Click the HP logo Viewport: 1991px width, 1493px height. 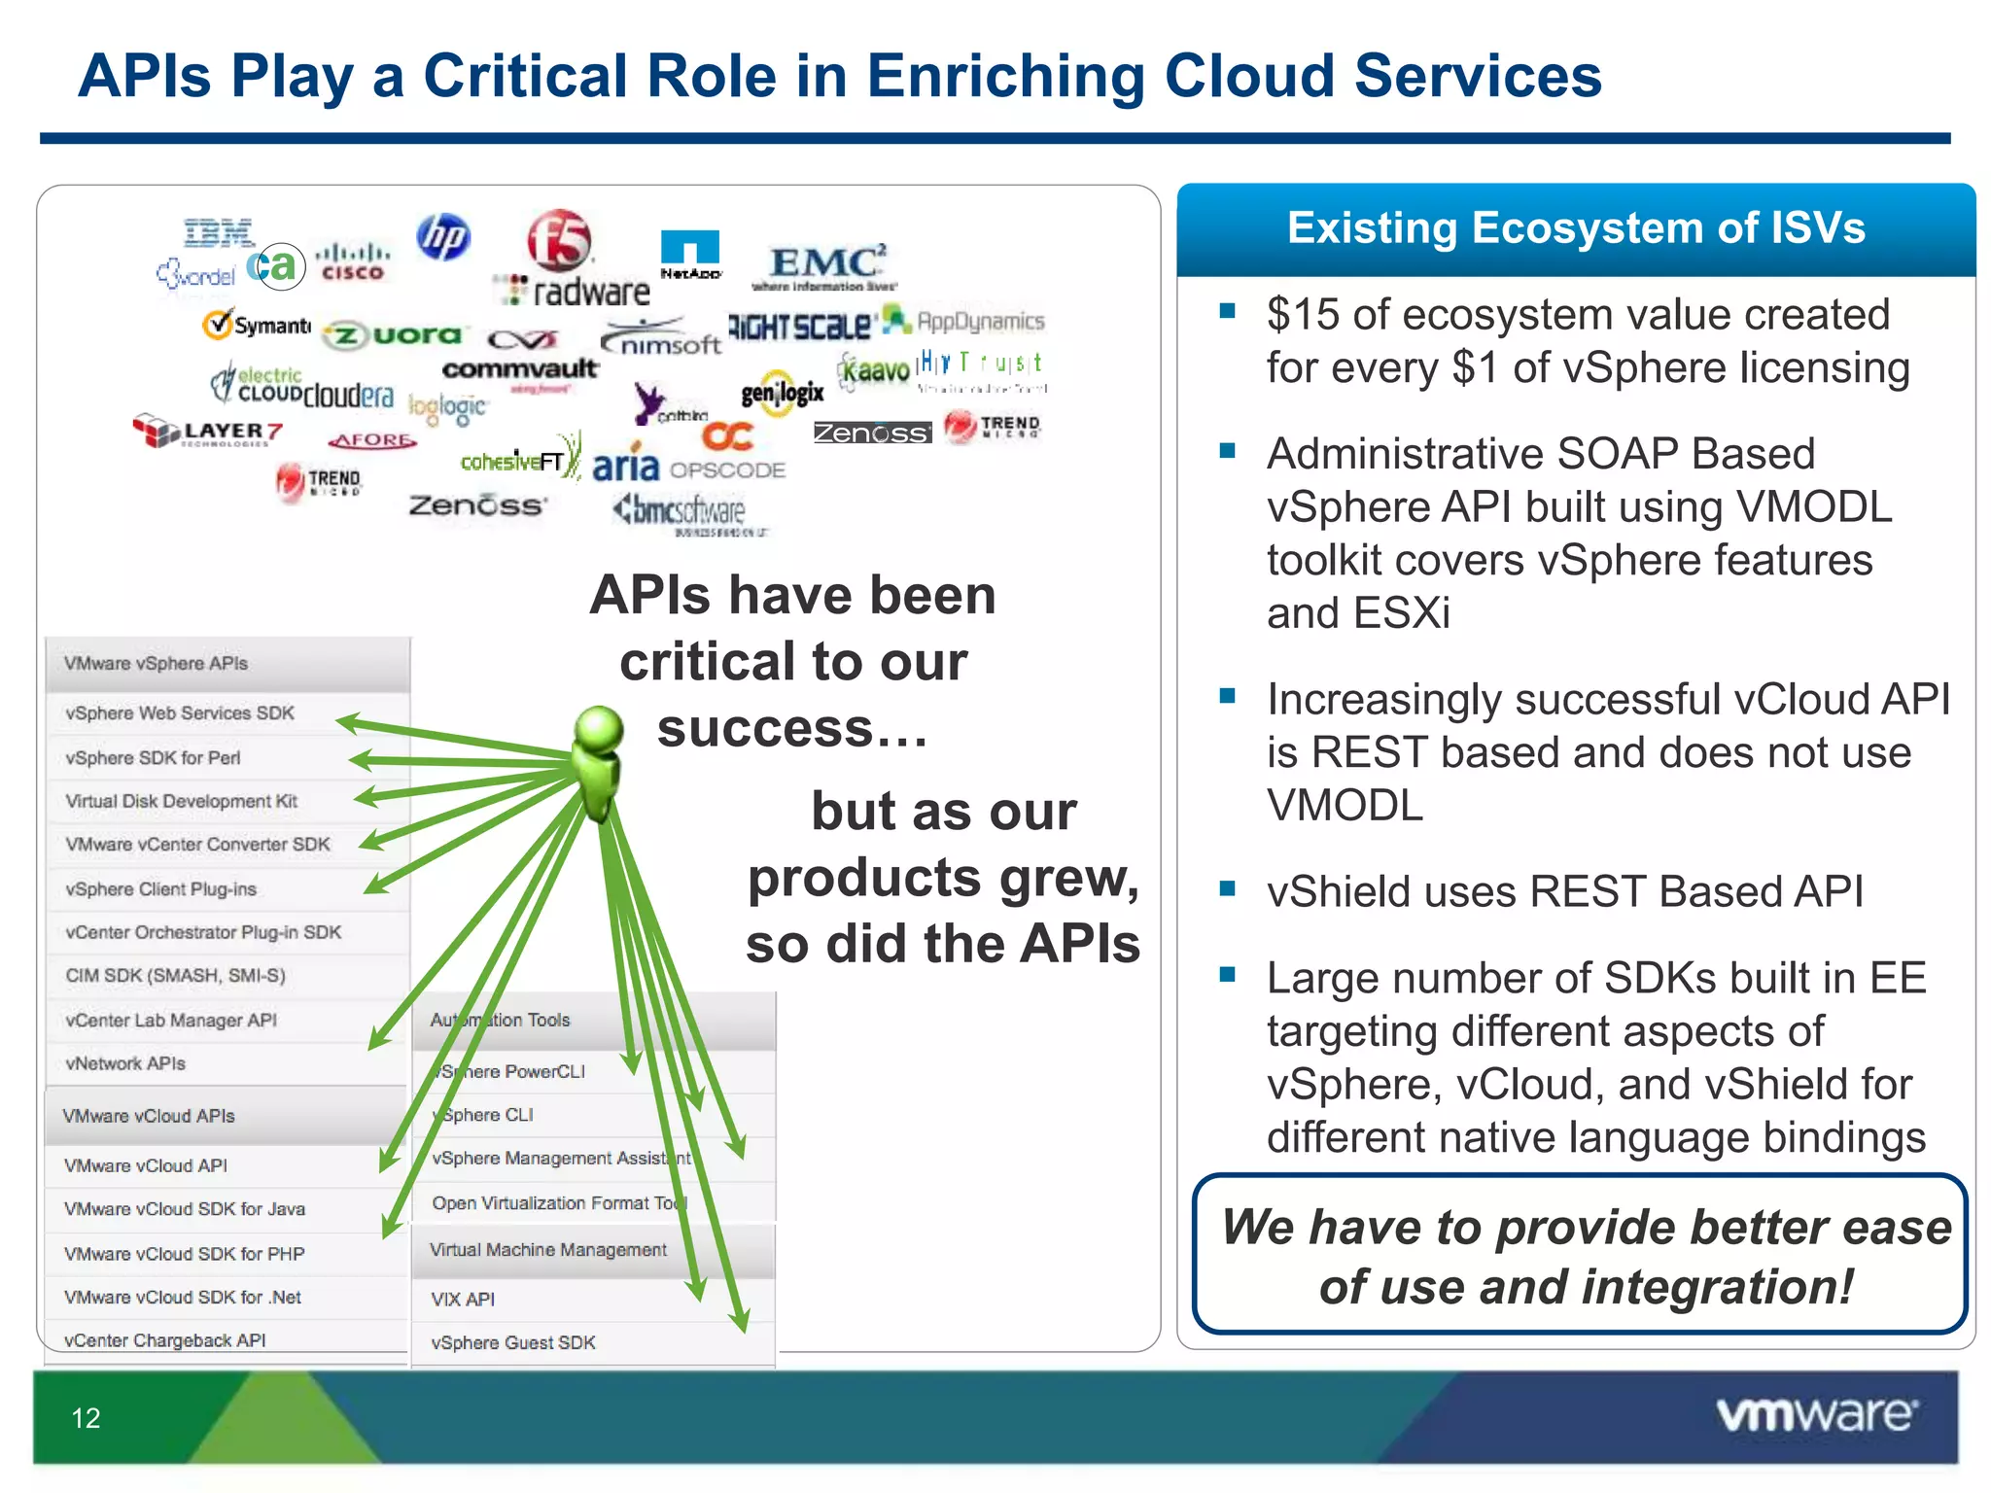pos(443,237)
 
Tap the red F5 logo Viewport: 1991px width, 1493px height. pos(559,239)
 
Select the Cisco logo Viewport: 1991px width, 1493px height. pos(353,260)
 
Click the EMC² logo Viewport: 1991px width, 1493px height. pos(826,264)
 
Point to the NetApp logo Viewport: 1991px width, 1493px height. pos(690,254)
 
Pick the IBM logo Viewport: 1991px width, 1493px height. pos(219,233)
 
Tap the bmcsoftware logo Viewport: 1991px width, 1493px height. pos(681,510)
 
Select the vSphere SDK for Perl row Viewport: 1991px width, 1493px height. pos(154,757)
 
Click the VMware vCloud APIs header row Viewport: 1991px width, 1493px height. pos(150,1116)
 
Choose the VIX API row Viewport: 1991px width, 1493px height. pos(464,1299)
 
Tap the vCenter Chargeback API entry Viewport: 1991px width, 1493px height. pos(165,1340)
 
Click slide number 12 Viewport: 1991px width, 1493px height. pos(86,1418)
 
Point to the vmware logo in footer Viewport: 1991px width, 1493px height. pos(1816,1414)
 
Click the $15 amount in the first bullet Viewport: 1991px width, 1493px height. pos(1303,315)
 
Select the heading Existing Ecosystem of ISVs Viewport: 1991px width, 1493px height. pos(1576,228)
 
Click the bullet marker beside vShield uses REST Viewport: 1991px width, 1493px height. pos(1228,888)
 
